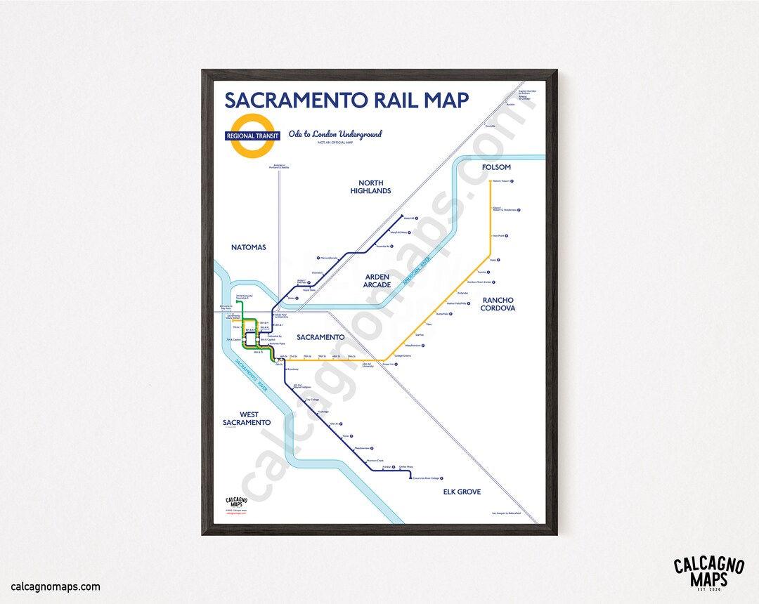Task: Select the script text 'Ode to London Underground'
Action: [x=335, y=134]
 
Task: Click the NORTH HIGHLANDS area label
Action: [x=370, y=187]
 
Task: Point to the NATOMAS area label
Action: [x=249, y=247]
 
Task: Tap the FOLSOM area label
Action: [x=496, y=167]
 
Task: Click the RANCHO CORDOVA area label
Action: [x=498, y=304]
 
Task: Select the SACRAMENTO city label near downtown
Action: [x=320, y=337]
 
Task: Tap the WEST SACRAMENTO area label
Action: [x=246, y=419]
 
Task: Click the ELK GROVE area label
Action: [x=462, y=492]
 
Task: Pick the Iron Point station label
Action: [x=500, y=236]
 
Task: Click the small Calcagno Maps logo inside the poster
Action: [x=236, y=503]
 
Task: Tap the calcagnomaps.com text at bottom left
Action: [x=56, y=586]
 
